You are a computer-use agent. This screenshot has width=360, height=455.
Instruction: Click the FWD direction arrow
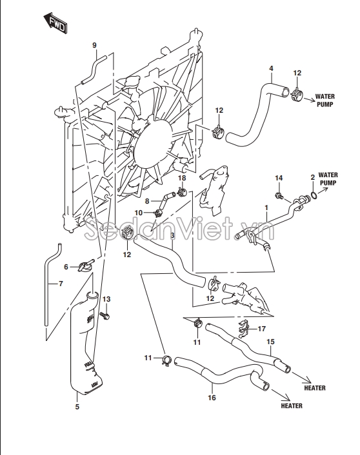pyautogui.click(x=55, y=23)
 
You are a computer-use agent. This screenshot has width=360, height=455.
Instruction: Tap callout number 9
pyautogui.click(x=94, y=45)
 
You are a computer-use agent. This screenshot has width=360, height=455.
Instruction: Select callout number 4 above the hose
pyautogui.click(x=271, y=68)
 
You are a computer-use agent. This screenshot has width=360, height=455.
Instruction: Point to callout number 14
pyautogui.click(x=279, y=178)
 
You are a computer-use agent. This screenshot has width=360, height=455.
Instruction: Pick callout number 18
pyautogui.click(x=182, y=178)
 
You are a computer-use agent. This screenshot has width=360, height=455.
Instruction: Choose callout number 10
pyautogui.click(x=139, y=213)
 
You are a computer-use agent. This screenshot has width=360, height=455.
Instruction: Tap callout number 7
pyautogui.click(x=61, y=283)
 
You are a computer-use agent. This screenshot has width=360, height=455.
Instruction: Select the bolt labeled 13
pyautogui.click(x=105, y=315)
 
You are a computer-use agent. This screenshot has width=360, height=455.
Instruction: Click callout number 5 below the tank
pyautogui.click(x=77, y=407)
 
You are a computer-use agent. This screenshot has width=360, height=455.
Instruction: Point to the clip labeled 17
pyautogui.click(x=243, y=329)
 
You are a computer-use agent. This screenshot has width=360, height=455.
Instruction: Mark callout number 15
pyautogui.click(x=270, y=342)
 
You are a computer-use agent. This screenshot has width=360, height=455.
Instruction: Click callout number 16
pyautogui.click(x=212, y=397)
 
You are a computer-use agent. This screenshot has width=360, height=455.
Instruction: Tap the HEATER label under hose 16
pyautogui.click(x=292, y=405)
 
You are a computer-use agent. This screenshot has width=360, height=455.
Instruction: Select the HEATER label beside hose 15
pyautogui.click(x=315, y=388)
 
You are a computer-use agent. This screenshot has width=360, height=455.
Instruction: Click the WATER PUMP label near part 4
pyautogui.click(x=325, y=100)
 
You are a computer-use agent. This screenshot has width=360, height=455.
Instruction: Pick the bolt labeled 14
pyautogui.click(x=279, y=195)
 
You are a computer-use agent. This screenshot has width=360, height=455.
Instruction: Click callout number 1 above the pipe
pyautogui.click(x=266, y=208)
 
